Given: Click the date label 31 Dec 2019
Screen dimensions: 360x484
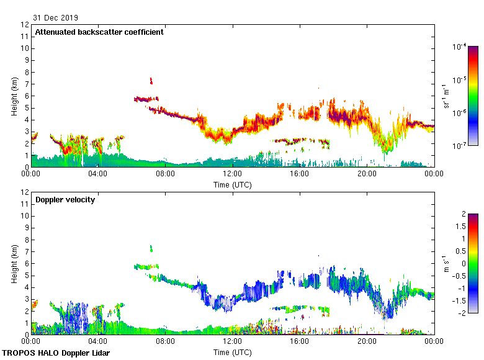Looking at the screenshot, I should click(x=56, y=17).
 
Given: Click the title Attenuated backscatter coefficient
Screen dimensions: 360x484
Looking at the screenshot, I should click(x=99, y=32).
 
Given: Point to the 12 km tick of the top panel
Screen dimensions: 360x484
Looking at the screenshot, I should click(x=26, y=25).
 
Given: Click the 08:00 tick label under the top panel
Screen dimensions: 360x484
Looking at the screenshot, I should click(x=165, y=174).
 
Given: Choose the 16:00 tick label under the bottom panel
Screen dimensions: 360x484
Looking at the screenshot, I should click(x=300, y=341).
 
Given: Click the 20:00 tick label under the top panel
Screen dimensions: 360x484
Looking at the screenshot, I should click(x=367, y=174).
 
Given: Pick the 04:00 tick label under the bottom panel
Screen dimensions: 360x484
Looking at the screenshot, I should click(x=98, y=341).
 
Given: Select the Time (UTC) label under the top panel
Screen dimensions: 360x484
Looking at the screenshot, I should click(x=233, y=184).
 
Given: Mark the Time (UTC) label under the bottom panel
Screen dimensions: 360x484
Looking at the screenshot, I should click(x=233, y=352).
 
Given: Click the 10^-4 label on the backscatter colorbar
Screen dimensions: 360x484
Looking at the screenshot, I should click(x=460, y=47).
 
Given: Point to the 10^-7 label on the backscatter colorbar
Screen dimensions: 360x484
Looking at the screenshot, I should click(x=460, y=145).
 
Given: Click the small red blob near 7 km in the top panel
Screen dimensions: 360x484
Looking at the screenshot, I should click(x=151, y=80).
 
